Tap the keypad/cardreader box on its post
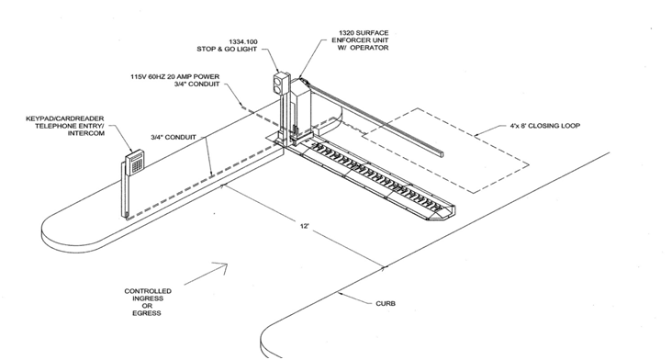(136, 161)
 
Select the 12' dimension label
(305, 226)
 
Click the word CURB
(386, 303)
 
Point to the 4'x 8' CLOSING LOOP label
(544, 126)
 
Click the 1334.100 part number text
(243, 41)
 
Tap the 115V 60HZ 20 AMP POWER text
(174, 77)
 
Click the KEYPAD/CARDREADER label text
(65, 118)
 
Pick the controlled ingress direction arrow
(207, 274)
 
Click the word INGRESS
(148, 298)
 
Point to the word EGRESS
(147, 313)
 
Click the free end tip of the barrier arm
(441, 153)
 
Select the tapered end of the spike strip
(446, 212)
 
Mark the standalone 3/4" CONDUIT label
(174, 137)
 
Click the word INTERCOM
(86, 133)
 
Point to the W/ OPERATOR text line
(366, 48)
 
